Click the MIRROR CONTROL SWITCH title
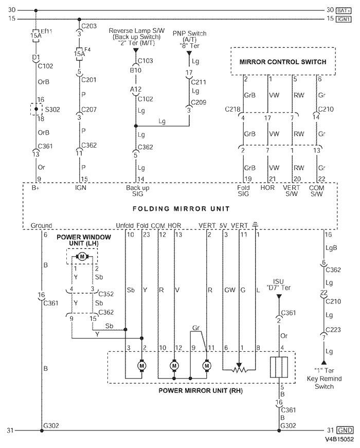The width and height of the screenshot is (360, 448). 283,62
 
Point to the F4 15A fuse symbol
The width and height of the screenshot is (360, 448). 79,53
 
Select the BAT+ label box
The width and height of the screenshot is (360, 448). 344,10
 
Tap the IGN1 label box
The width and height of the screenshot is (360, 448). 344,19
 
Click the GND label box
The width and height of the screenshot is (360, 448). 344,430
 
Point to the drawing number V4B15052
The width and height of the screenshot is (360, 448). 339,440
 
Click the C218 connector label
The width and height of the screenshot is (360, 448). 232,109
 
